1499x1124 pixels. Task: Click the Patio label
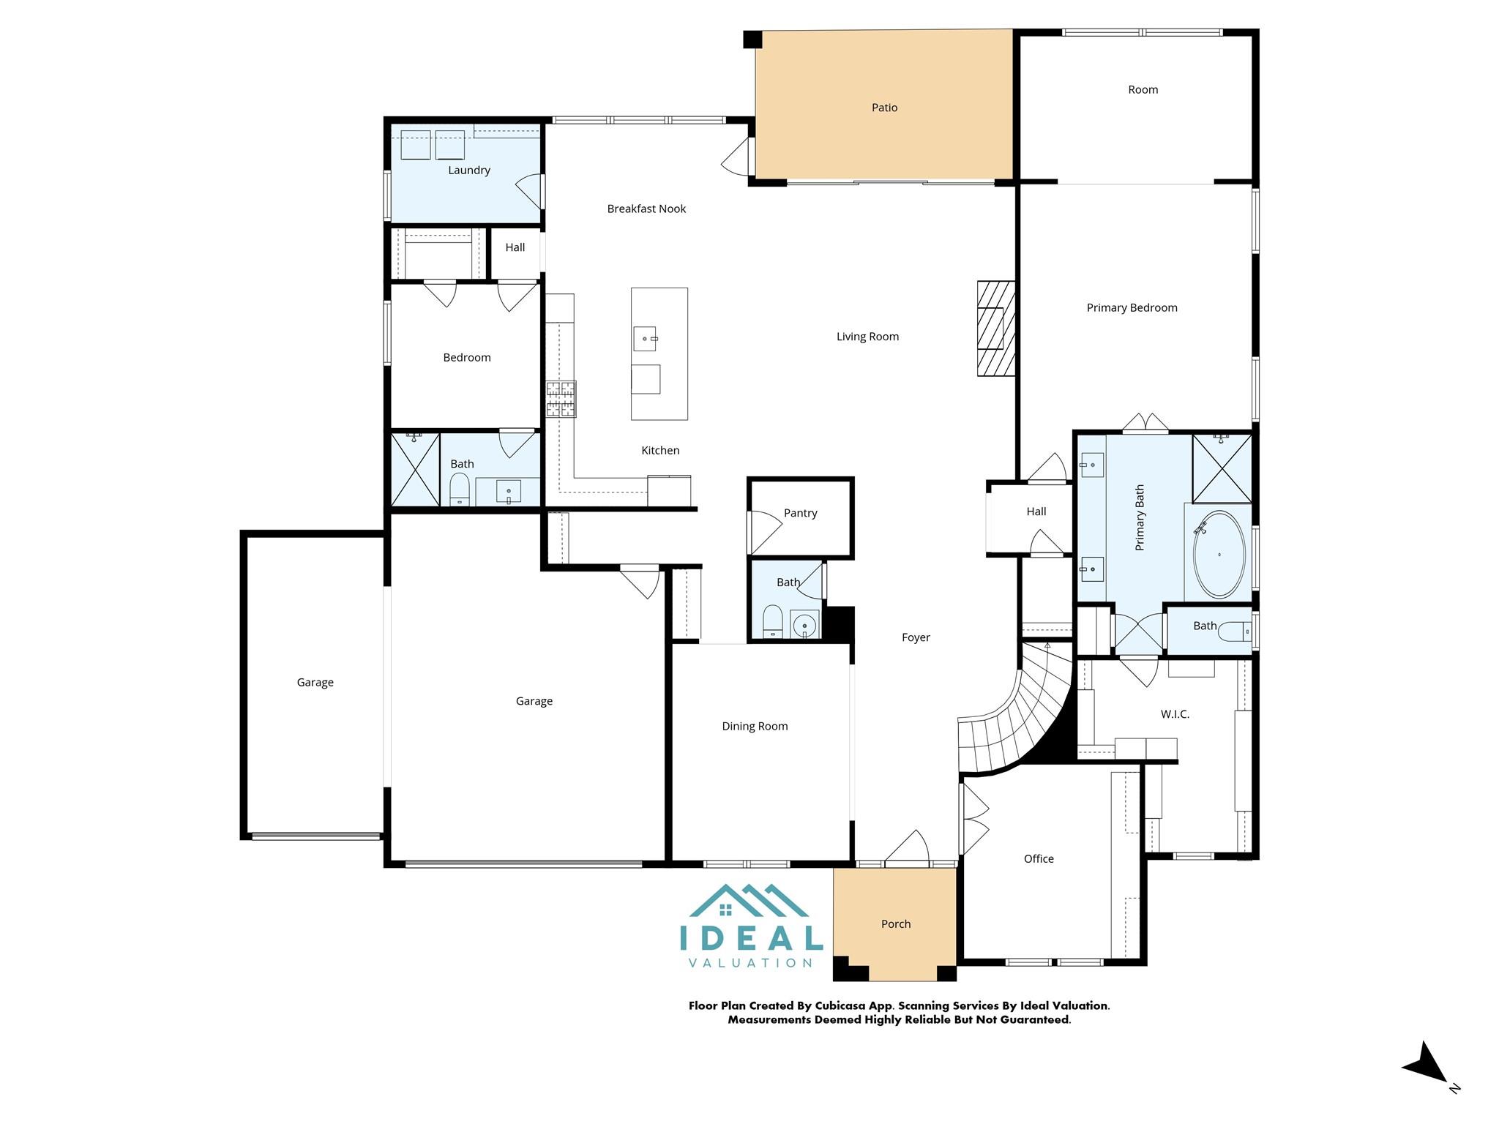pyautogui.click(x=884, y=108)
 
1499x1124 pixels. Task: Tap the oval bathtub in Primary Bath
pyautogui.click(x=1219, y=555)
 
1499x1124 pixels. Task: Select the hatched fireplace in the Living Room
pyautogui.click(x=996, y=329)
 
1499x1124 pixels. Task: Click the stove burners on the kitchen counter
pyautogui.click(x=561, y=400)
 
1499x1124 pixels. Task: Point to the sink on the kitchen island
pyautogui.click(x=645, y=339)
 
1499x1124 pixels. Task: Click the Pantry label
pyautogui.click(x=800, y=513)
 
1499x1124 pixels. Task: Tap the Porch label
pyautogui.click(x=895, y=924)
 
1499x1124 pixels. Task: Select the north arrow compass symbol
pyautogui.click(x=1427, y=1064)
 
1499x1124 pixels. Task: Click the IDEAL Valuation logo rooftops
pyautogui.click(x=749, y=902)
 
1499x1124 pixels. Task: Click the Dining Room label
pyautogui.click(x=755, y=727)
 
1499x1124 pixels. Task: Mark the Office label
pyautogui.click(x=1039, y=859)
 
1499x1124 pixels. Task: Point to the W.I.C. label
pyautogui.click(x=1175, y=714)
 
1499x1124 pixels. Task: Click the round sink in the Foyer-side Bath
pyautogui.click(x=804, y=626)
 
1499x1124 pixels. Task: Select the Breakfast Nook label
pyautogui.click(x=646, y=209)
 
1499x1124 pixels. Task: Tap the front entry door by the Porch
pyautogui.click(x=908, y=849)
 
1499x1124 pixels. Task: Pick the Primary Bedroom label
pyautogui.click(x=1132, y=308)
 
